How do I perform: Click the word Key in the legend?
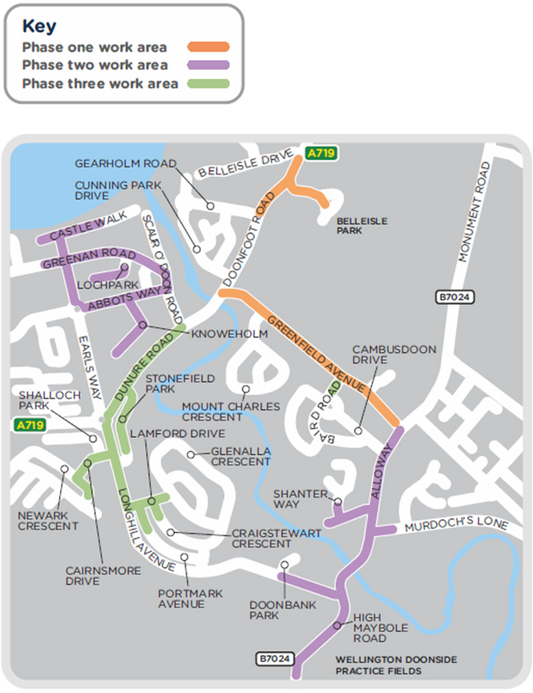pyautogui.click(x=39, y=26)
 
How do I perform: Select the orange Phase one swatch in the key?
pyautogui.click(x=209, y=47)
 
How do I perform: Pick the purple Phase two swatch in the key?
pyautogui.click(x=209, y=65)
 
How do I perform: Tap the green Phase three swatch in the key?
pyautogui.click(x=209, y=83)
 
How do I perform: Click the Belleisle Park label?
pyautogui.click(x=362, y=226)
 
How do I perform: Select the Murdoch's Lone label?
pyautogui.click(x=457, y=522)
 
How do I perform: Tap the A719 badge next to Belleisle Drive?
pyautogui.click(x=321, y=153)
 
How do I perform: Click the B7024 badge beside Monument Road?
pyautogui.click(x=456, y=298)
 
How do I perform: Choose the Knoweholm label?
pyautogui.click(x=229, y=334)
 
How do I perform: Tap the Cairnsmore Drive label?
pyautogui.click(x=103, y=576)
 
